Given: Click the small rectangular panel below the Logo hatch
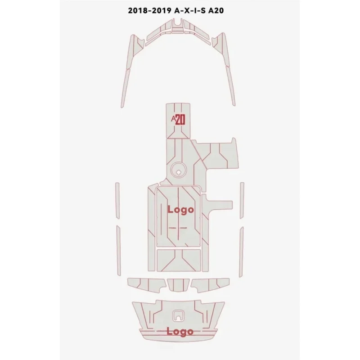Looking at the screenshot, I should (180, 260).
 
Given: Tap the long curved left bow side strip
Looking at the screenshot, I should (128, 67).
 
